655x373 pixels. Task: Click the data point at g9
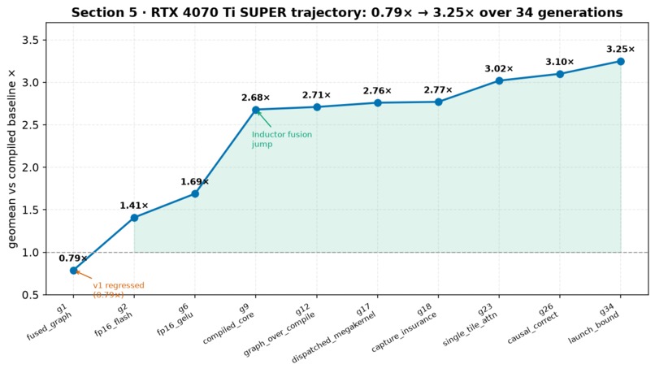256,110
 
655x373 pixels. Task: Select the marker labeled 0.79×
73,271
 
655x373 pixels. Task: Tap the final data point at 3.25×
620,62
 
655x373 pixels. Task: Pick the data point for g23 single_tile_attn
499,80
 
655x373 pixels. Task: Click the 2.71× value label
317,95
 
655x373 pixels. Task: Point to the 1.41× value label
134,206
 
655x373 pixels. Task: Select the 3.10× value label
560,62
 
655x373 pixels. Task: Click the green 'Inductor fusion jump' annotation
282,139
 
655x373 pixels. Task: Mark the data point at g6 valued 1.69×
195,193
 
